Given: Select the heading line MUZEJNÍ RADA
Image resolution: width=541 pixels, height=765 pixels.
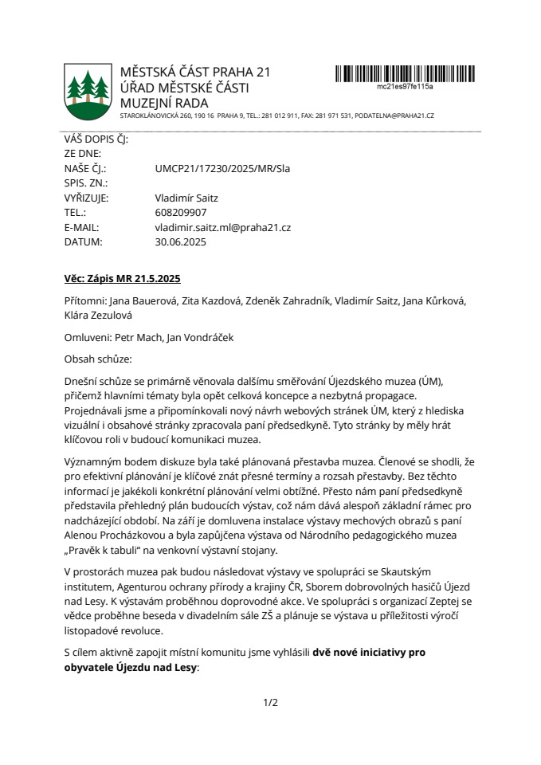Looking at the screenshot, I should (163, 103).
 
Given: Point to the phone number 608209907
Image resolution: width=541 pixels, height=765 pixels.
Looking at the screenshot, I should (181, 213).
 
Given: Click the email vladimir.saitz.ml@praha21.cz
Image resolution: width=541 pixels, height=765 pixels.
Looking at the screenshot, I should (222, 227).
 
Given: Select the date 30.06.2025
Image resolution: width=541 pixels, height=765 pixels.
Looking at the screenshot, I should (180, 241).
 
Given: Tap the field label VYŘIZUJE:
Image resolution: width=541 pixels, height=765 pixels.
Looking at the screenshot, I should (86, 198).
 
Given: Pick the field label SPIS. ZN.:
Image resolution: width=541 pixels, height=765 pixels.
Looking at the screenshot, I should (85, 183).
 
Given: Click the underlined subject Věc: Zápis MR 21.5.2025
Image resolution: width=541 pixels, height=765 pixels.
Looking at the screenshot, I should (123, 279).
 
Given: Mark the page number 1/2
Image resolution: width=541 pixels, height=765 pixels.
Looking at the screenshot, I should (270, 702).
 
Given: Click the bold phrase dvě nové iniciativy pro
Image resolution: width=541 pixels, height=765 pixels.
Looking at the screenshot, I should (369, 652).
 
